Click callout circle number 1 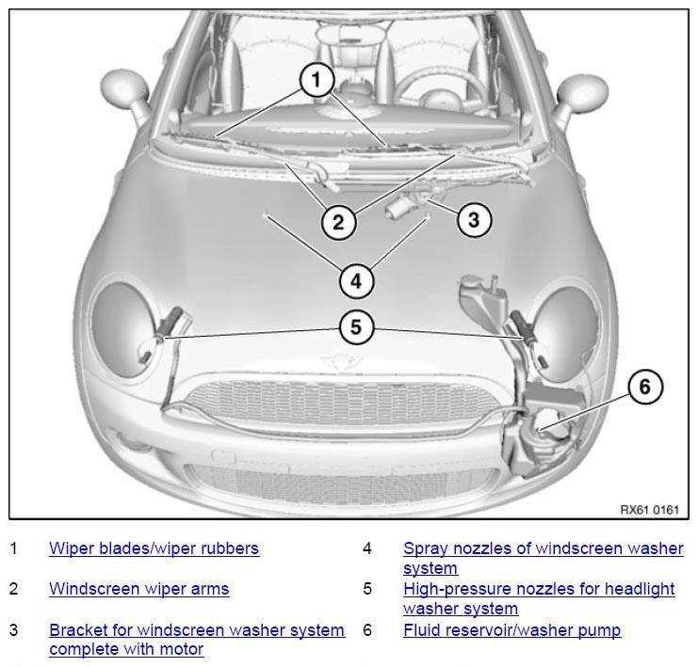[x=317, y=80]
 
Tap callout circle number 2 [x=339, y=222]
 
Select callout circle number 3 [x=474, y=219]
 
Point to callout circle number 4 [x=356, y=281]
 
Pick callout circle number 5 [x=356, y=326]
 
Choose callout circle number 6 [x=645, y=387]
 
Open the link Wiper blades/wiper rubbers [x=154, y=548]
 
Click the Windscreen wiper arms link [x=138, y=589]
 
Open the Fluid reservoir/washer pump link [x=511, y=630]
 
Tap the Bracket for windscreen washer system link [x=197, y=630]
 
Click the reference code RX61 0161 [x=649, y=510]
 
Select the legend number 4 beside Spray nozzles [x=366, y=548]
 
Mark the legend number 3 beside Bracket [x=14, y=630]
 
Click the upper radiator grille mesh [x=343, y=401]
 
